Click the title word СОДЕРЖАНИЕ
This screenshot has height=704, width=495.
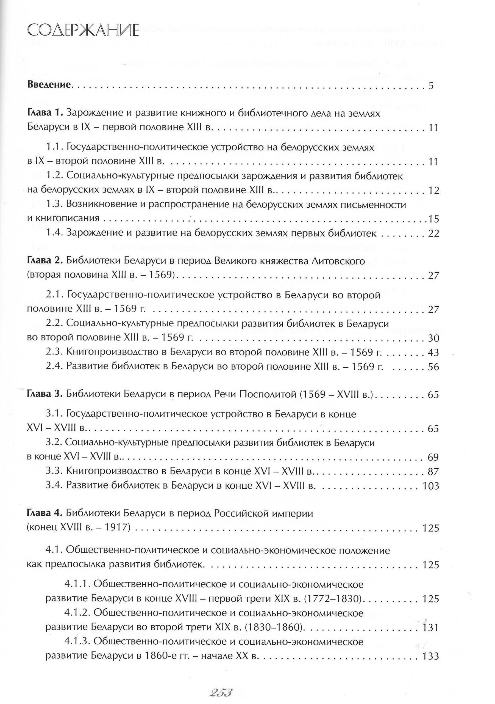(x=83, y=31)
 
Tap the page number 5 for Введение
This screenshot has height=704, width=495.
(x=431, y=86)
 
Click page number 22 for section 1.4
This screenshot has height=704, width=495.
(x=433, y=234)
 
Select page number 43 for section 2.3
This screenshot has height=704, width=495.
(x=433, y=352)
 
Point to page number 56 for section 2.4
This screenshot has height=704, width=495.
(x=433, y=367)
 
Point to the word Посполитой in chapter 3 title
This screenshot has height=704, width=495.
(x=265, y=394)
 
